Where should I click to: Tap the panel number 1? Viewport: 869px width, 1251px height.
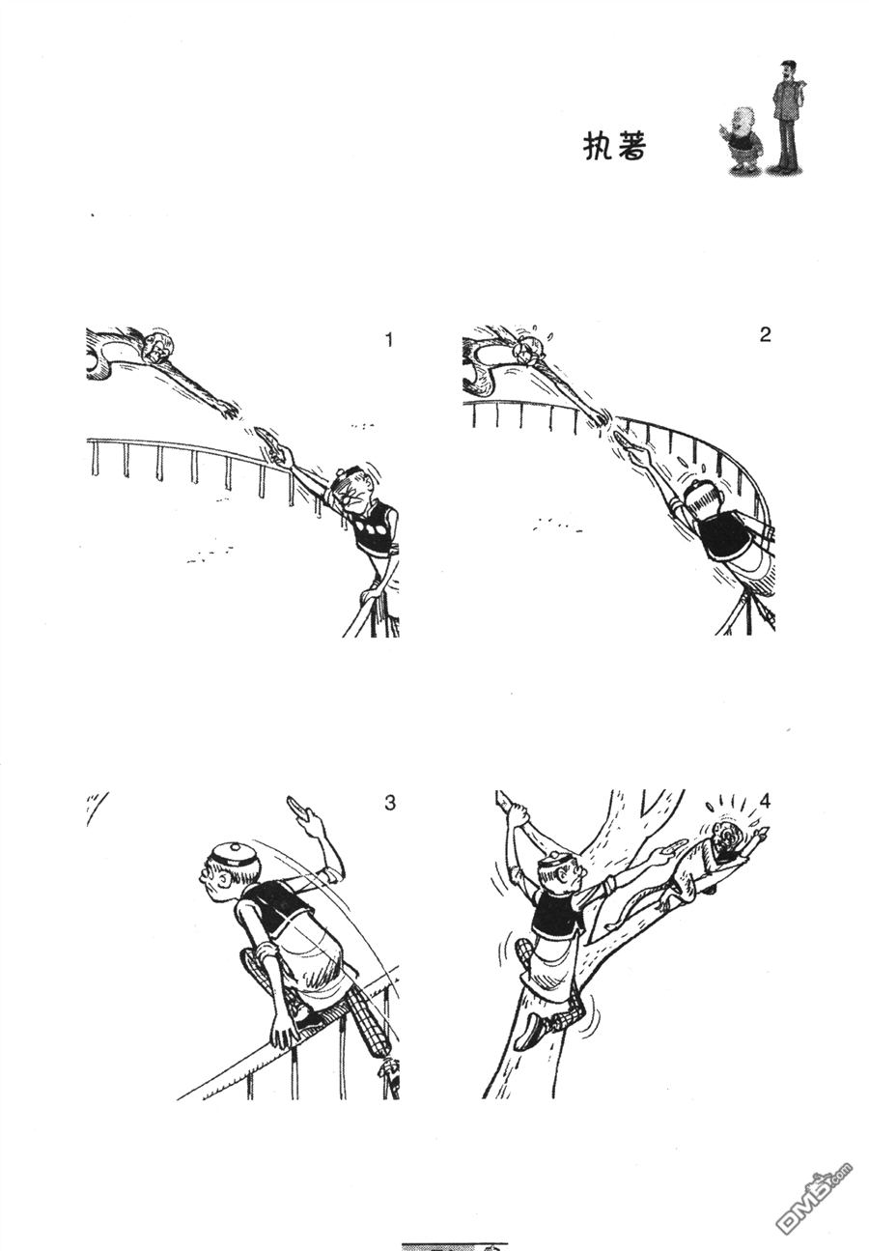(x=389, y=340)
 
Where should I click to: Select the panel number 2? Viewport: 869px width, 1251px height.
(x=765, y=334)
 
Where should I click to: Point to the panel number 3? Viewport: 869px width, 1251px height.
(x=389, y=803)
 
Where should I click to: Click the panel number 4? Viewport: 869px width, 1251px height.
(x=765, y=802)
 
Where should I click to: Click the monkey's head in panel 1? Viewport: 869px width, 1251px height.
(x=158, y=346)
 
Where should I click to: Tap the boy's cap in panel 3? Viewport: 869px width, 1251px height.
(x=235, y=856)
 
